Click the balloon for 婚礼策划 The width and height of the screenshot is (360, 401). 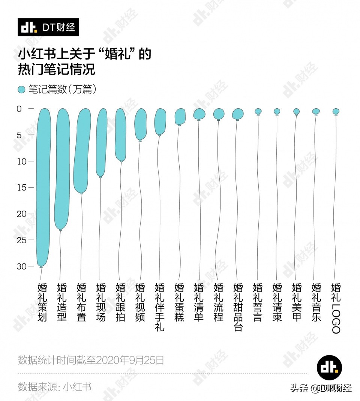click(x=43, y=187)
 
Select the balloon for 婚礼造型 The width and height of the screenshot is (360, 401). click(x=63, y=169)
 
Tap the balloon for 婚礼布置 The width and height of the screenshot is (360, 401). click(x=82, y=150)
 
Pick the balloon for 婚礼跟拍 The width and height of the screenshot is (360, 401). click(x=120, y=135)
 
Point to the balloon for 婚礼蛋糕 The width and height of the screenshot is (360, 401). click(x=180, y=116)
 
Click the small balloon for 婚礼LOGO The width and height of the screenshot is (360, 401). click(x=336, y=111)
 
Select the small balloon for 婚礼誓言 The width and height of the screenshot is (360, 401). click(x=258, y=111)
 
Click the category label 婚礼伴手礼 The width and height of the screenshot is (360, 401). click(x=160, y=307)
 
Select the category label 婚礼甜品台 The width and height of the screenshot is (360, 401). click(x=238, y=307)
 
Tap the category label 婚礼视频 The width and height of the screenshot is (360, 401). click(x=140, y=302)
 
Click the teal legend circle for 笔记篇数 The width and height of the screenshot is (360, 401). click(x=22, y=90)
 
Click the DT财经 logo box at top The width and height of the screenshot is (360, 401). click(x=48, y=27)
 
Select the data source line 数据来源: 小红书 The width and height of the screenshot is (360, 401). click(x=55, y=386)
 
